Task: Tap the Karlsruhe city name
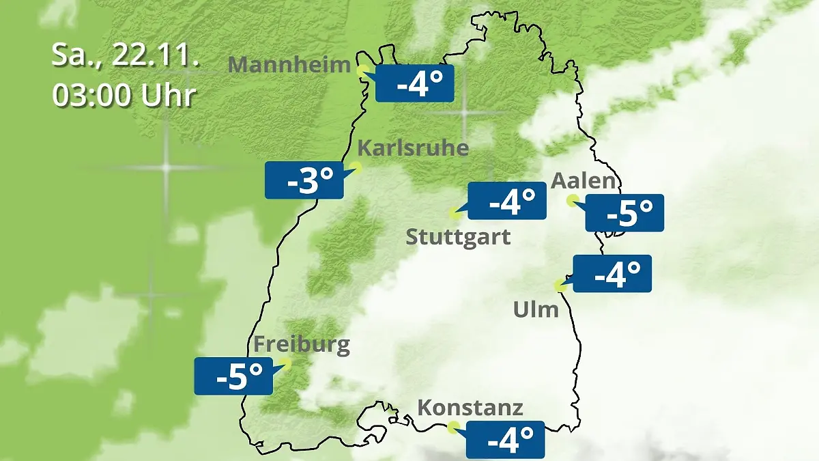[413, 148]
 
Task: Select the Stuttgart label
[458, 237]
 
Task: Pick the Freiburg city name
[302, 344]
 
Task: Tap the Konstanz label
[470, 408]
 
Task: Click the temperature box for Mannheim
[415, 83]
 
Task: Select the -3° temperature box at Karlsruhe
[305, 180]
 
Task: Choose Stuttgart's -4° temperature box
[507, 201]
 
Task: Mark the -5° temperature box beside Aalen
[624, 213]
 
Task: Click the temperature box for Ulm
[612, 274]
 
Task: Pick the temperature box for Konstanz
[506, 440]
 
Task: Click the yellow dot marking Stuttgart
[455, 213]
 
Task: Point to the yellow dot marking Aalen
[572, 200]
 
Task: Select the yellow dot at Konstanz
[453, 428]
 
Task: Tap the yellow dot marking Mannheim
[362, 70]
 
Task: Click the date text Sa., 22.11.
[126, 56]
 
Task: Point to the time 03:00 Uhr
[124, 96]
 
